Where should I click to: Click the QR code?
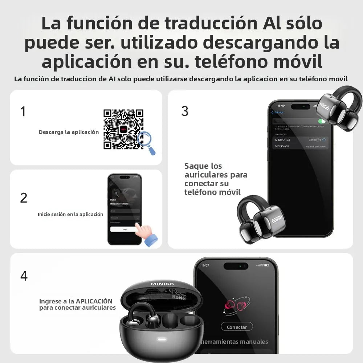tap(123, 129)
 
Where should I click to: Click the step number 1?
tap(23, 111)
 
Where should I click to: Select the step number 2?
tap(24, 198)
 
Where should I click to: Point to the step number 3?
tap(185, 111)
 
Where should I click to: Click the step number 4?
tap(24, 276)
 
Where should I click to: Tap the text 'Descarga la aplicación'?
tap(69, 132)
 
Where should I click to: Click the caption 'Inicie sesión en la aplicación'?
tap(70, 214)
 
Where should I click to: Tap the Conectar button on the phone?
tap(237, 327)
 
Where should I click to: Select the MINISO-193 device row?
tap(300, 140)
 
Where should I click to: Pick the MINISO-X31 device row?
tap(300, 146)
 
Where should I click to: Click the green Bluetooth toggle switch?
tap(321, 121)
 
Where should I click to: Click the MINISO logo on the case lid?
tap(162, 284)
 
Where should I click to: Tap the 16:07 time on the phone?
tap(205, 265)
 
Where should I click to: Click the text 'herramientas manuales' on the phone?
tap(235, 342)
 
